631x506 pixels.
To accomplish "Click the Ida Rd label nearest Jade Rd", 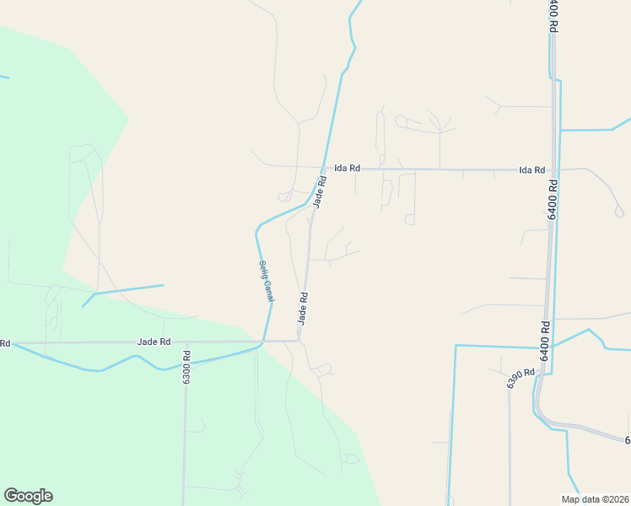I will coord(347,169).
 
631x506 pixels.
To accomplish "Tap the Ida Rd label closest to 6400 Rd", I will coord(532,170).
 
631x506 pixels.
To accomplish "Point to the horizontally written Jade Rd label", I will coord(154,342).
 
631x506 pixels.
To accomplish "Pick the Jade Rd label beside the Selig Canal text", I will coord(302,309).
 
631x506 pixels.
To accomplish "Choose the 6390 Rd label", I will coord(521,378).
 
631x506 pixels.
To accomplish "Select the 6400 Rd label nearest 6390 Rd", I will coord(545,342).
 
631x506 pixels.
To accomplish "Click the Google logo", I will coord(28,496).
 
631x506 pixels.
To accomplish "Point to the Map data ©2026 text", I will coord(595,499).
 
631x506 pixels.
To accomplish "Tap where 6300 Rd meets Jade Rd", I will coord(186,342).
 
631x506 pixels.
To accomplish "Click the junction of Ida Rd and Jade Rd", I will coord(321,168).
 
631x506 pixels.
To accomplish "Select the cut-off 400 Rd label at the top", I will coord(553,15).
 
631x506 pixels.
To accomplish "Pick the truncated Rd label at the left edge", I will coord(5,343).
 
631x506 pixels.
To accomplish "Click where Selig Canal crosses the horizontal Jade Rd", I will coord(263,342).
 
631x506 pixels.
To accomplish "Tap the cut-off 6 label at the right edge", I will coord(627,440).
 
